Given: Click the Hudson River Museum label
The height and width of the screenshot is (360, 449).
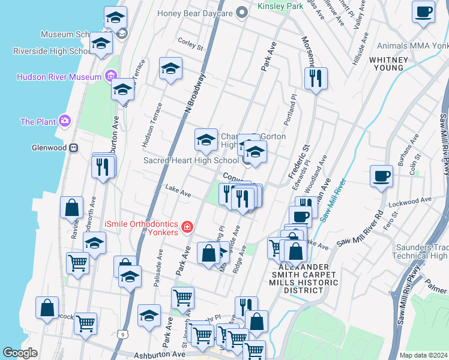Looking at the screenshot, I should click(x=59, y=77).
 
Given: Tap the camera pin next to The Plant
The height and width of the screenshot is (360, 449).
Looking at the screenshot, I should click(x=65, y=121).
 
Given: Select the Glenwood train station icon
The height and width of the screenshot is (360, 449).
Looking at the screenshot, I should click(x=73, y=148).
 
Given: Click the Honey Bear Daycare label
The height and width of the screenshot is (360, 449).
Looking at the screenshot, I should click(x=195, y=13).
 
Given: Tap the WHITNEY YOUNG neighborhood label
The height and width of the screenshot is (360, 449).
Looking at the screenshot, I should click(x=389, y=64).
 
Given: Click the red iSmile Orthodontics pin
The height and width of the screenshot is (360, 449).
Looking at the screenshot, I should click(x=187, y=227).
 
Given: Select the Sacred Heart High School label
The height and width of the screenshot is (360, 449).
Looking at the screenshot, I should click(x=191, y=160).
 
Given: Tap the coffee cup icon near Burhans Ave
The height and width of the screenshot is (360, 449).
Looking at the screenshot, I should click(x=381, y=178).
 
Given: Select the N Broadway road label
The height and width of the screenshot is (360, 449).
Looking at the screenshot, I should click(x=196, y=93).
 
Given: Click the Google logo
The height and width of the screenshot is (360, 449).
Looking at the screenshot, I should click(x=20, y=353).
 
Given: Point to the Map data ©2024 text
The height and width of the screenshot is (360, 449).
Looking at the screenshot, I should click(x=423, y=355).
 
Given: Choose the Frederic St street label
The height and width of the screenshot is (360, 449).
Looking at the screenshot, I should click(x=299, y=160).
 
